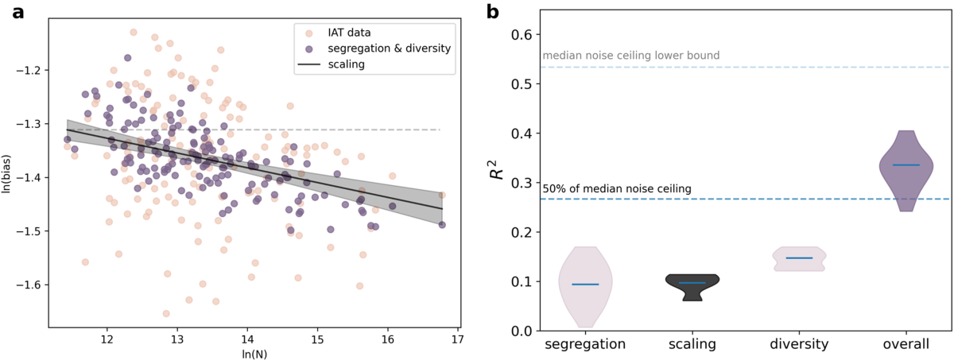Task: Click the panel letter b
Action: [493, 11]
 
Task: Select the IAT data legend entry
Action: [351, 33]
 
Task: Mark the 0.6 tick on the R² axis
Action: [522, 34]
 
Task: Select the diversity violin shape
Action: [799, 259]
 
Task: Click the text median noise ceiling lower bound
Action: [630, 56]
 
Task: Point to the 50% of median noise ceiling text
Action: [617, 188]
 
